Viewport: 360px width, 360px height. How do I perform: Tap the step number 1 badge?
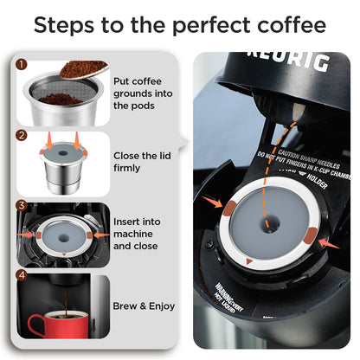pos(22,64)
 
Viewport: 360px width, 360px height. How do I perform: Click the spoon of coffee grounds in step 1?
pos(84,68)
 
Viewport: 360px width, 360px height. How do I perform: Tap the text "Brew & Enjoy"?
pos(145,305)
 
